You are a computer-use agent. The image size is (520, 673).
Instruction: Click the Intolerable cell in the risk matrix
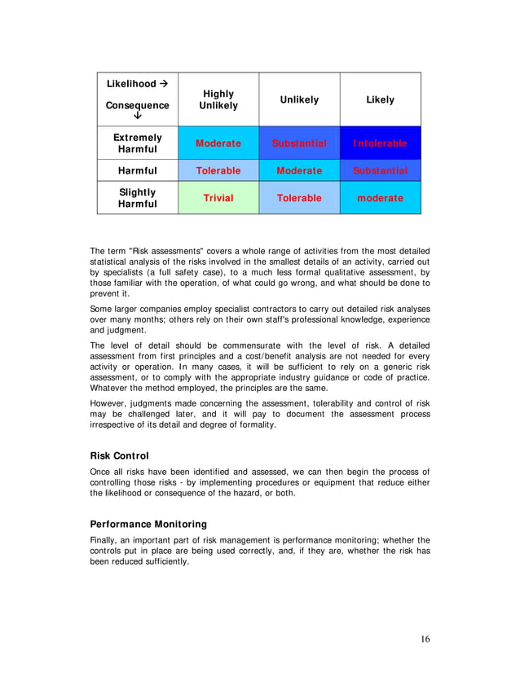coord(380,143)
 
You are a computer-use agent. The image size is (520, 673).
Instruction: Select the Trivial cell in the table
coord(218,198)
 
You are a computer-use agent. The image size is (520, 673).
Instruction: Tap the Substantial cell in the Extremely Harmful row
coord(299,143)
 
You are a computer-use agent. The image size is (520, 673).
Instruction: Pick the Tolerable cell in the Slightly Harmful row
coord(299,198)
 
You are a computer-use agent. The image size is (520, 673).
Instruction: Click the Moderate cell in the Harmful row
coord(299,171)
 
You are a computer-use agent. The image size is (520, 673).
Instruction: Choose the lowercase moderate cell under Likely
coord(380,198)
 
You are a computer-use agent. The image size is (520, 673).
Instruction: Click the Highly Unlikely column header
coord(218,100)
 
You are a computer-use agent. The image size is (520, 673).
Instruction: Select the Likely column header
coord(380,99)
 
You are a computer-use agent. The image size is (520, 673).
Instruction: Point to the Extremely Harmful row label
coord(138,143)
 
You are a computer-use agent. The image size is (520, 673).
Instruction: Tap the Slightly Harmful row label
coord(138,198)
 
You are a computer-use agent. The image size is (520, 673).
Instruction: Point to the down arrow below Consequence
coord(137,116)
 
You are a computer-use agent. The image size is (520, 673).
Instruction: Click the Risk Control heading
coord(119,455)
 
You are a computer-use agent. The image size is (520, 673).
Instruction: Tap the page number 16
coord(425,639)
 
